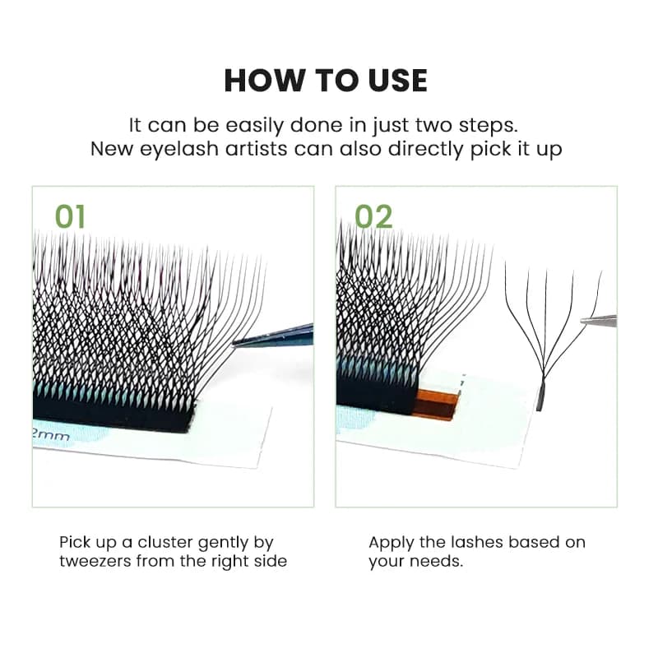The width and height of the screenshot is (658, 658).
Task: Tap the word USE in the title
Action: [398, 80]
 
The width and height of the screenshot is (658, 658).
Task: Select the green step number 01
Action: [70, 216]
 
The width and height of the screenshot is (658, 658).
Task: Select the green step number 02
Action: [374, 216]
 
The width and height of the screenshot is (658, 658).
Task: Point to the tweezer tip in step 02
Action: [583, 321]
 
